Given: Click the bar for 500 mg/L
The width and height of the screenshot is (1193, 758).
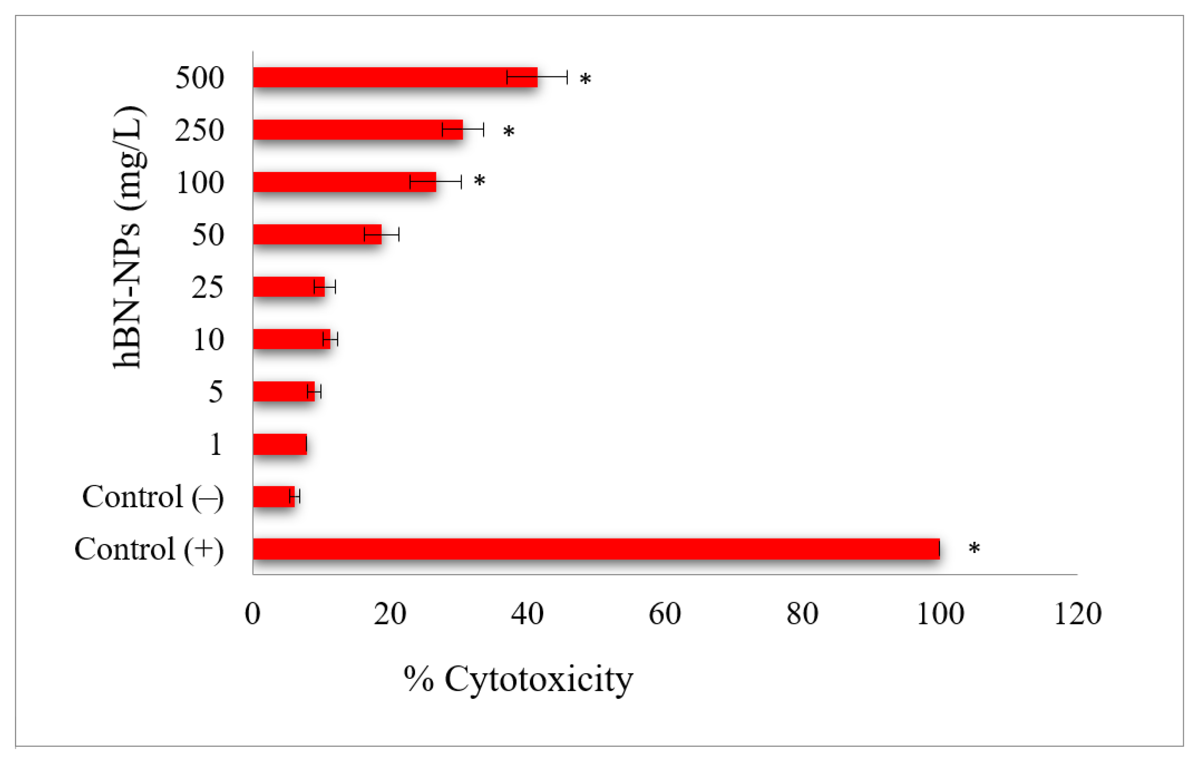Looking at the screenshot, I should (x=395, y=77).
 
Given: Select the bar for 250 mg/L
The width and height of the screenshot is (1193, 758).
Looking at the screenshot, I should (x=358, y=130).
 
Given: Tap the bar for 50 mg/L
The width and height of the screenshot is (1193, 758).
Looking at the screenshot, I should (x=317, y=234).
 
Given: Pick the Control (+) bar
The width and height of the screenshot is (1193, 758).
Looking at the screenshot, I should (x=596, y=549).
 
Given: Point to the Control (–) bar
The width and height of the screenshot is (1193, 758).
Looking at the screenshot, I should (x=273, y=496).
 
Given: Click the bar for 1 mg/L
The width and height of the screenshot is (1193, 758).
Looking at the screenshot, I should (x=280, y=444).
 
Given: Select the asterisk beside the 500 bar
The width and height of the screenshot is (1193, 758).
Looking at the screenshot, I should (x=585, y=79).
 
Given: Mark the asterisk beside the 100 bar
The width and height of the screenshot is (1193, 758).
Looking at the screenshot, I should (x=479, y=181).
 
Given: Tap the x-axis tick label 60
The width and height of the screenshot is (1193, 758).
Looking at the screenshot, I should (x=664, y=614).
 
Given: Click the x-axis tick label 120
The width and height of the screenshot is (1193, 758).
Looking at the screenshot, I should (x=1077, y=614).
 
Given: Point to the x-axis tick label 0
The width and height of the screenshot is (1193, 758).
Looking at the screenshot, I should (x=253, y=614).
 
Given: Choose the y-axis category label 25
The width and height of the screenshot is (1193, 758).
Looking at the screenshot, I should (x=208, y=287).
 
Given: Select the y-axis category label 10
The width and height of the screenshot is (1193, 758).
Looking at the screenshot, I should (x=209, y=340).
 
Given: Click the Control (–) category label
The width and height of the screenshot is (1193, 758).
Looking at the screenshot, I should (x=153, y=496).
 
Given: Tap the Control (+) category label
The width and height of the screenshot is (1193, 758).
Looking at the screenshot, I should (x=149, y=549).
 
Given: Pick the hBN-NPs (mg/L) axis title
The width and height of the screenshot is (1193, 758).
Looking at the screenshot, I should (x=127, y=237).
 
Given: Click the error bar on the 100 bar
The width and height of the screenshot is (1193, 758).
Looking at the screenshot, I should (x=436, y=182).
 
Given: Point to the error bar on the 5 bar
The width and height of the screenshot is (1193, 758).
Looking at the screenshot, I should (x=314, y=392).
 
